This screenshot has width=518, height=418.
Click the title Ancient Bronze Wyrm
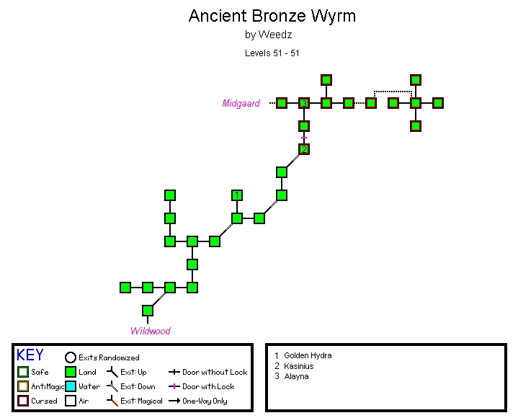[x=272, y=16]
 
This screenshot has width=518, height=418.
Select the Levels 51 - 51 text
[x=272, y=53]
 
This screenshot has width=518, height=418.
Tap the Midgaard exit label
[x=241, y=104]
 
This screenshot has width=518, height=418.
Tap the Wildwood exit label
[x=150, y=332]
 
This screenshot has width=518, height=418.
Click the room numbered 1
[x=237, y=195]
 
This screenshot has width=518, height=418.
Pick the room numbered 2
[x=304, y=149]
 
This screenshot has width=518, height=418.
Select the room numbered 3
[x=304, y=103]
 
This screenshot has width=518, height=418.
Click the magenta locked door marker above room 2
[x=304, y=138]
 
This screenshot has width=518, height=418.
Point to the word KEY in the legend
[x=30, y=355]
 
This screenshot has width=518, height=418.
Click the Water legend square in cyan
[x=71, y=386]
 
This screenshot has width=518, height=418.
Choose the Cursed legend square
[x=23, y=401]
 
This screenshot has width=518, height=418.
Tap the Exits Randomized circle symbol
[x=71, y=357]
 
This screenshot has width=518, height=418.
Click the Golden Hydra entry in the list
[x=308, y=355]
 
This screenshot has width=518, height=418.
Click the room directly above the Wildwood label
[x=148, y=311]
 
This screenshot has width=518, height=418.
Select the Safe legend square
[x=23, y=372]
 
